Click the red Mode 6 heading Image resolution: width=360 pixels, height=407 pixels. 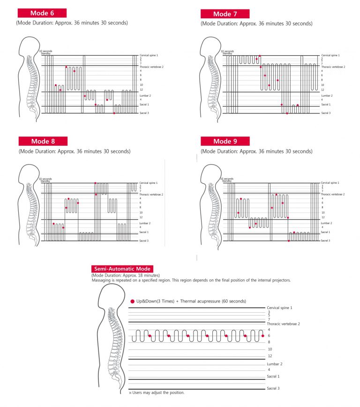[42, 13]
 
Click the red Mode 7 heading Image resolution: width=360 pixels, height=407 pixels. [225, 14]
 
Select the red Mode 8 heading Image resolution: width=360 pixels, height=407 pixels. [43, 141]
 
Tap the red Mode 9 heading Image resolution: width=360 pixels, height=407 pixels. [225, 141]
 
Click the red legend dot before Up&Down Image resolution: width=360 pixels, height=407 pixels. [132, 301]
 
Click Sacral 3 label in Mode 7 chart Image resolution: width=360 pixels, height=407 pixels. [326, 113]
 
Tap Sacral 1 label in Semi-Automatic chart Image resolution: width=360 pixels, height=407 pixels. [273, 376]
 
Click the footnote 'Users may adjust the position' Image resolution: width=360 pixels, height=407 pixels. [157, 392]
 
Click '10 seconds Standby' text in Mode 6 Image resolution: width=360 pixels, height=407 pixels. [45, 52]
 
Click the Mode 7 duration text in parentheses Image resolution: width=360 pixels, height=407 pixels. [256, 23]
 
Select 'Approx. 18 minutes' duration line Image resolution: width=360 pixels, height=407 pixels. [125, 275]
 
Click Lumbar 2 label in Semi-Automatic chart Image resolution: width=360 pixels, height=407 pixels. [275, 364]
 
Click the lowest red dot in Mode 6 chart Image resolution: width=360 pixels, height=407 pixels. [114, 113]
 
